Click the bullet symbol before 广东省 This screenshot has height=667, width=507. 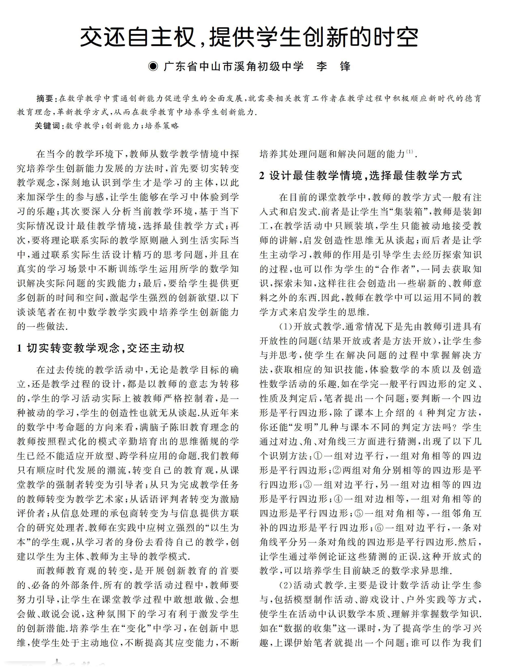154,66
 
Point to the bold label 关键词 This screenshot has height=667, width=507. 48,126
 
